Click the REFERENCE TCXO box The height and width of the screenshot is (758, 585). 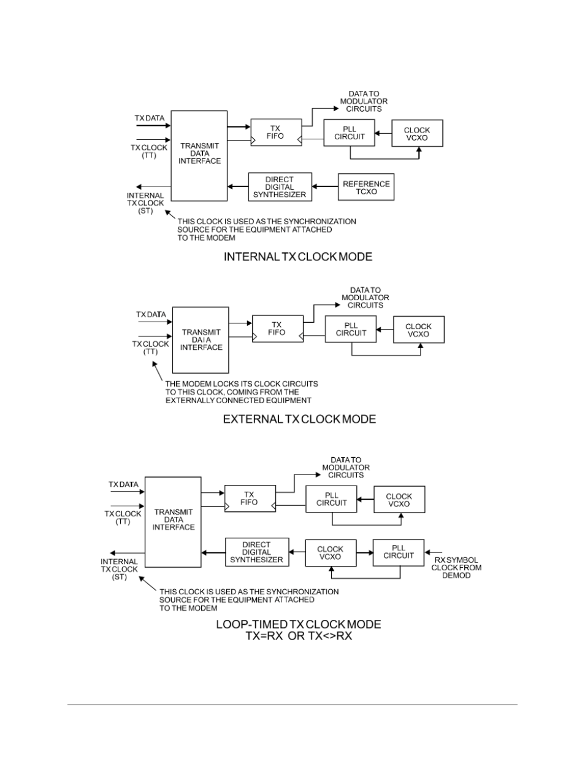pos(366,187)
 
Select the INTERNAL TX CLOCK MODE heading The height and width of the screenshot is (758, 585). pos(298,257)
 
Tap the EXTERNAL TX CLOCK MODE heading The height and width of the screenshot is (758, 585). pos(299,419)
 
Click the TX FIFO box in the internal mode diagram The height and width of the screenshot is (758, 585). pos(276,133)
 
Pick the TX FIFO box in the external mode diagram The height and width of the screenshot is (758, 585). pos(277,328)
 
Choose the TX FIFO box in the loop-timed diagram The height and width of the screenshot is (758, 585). pos(250,498)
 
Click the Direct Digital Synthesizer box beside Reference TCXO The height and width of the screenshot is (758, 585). pos(280,187)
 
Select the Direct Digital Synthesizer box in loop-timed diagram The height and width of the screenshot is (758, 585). pos(256,552)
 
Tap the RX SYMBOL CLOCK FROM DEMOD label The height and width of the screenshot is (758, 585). pos(457,568)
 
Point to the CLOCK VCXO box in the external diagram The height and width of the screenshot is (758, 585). pos(418,330)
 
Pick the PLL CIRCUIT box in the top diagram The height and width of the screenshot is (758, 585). pos(350,133)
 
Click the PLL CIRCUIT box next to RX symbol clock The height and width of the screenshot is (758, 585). pos(399,552)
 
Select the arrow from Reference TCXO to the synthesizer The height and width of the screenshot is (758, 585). pos(325,187)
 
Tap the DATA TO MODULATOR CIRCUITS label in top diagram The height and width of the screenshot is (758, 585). pos(364,101)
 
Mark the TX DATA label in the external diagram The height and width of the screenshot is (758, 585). pos(151,315)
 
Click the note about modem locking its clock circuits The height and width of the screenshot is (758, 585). pos(242,392)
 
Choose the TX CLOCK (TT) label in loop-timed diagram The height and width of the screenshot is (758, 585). pos(123,517)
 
